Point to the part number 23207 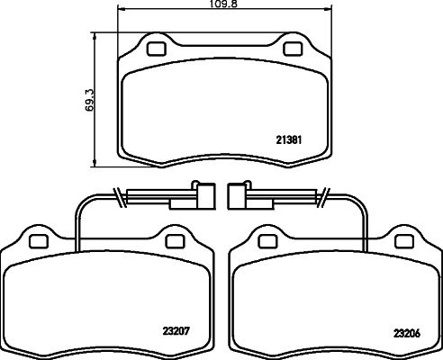click(176, 330)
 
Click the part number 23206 click(405, 331)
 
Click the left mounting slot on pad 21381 click(155, 49)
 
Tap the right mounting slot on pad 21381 click(293, 49)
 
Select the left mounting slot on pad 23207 click(37, 240)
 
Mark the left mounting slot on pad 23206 click(267, 240)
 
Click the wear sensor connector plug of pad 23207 click(204, 195)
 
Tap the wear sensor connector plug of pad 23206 click(239, 195)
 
